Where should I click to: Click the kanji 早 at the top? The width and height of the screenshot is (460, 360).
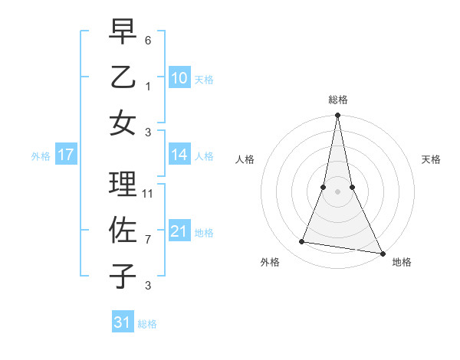(123, 31)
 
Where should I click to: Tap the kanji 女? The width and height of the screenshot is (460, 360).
(123, 123)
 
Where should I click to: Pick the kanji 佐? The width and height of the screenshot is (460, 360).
(123, 231)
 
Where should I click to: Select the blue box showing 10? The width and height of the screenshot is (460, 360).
(179, 77)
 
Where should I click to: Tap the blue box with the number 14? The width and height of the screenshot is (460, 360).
(179, 155)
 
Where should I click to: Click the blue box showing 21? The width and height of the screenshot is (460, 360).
(179, 231)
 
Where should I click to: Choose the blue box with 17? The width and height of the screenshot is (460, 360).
(65, 155)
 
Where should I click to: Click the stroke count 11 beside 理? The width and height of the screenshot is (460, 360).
(149, 194)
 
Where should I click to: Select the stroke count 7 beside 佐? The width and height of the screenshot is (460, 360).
(148, 240)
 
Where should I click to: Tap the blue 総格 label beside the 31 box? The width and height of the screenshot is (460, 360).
(147, 324)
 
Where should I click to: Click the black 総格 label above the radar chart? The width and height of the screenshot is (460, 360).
(337, 100)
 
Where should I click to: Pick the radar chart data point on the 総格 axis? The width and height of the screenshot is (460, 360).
(337, 116)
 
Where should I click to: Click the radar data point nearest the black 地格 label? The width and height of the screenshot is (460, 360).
(381, 253)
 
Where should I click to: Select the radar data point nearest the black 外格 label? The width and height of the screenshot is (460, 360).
(302, 242)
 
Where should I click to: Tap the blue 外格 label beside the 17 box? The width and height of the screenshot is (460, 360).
(41, 156)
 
